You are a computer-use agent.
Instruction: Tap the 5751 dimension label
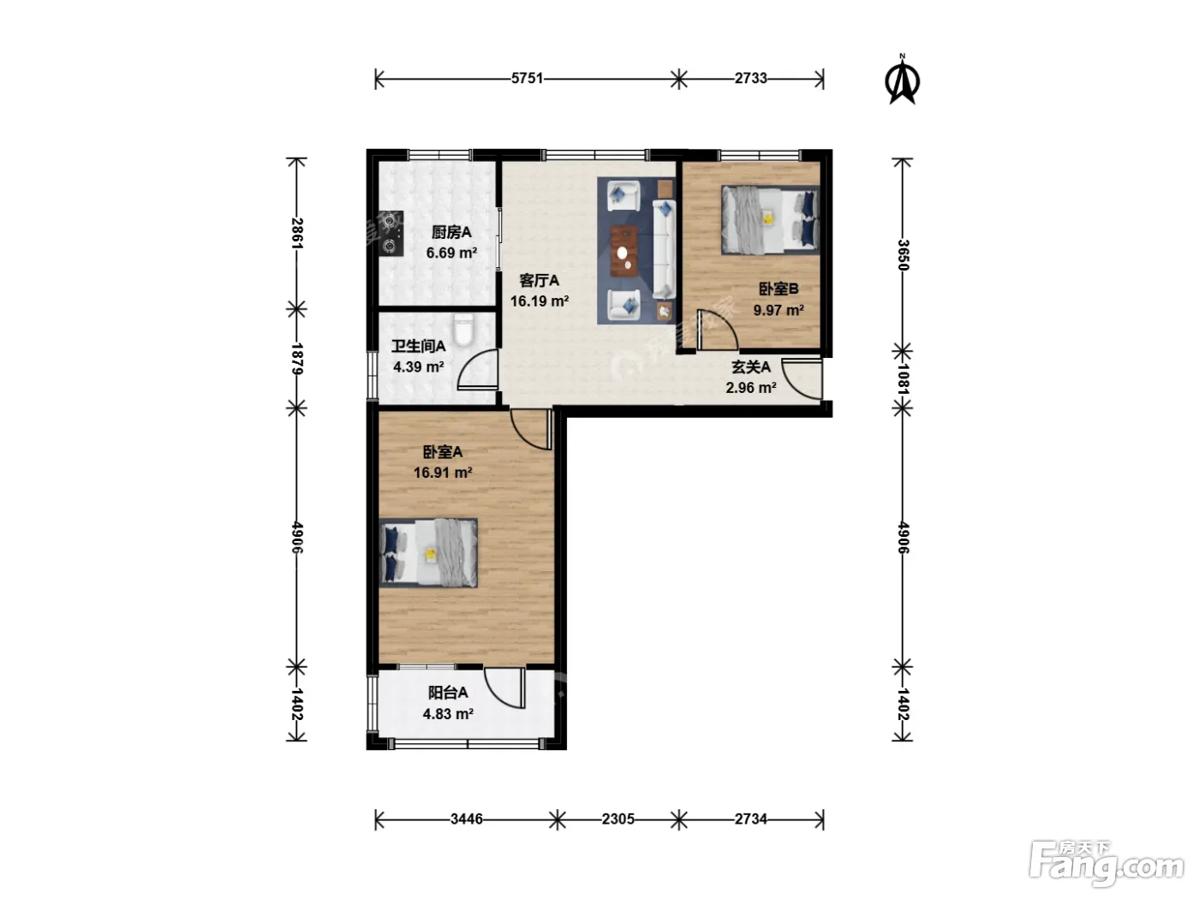(x=527, y=79)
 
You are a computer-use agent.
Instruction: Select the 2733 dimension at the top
(x=750, y=79)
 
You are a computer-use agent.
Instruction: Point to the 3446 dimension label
(x=467, y=819)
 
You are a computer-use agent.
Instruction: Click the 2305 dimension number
(x=617, y=819)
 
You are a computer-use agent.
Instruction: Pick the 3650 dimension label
(x=903, y=255)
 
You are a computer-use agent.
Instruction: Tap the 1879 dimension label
(x=296, y=359)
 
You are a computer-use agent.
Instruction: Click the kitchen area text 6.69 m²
(x=451, y=253)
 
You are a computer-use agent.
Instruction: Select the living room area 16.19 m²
(x=540, y=301)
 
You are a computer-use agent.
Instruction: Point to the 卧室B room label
(x=778, y=289)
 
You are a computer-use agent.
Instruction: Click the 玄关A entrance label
(x=751, y=367)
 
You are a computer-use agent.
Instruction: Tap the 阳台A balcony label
(x=447, y=693)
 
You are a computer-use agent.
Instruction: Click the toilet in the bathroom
(x=464, y=330)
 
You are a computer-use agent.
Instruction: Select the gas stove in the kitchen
(x=391, y=234)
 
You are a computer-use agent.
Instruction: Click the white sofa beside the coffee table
(x=665, y=248)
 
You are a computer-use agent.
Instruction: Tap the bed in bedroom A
(x=429, y=553)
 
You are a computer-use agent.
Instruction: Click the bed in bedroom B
(x=770, y=220)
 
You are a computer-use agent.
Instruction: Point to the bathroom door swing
(x=477, y=369)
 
